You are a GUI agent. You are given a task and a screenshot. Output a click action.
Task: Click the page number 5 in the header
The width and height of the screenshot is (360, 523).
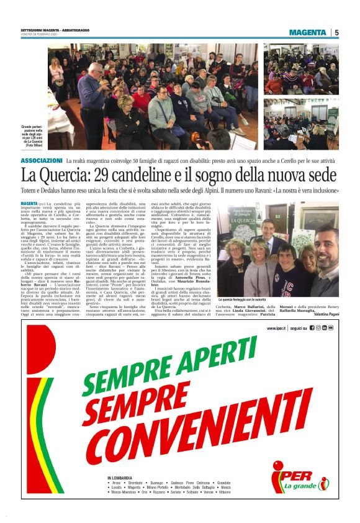coord(336,32)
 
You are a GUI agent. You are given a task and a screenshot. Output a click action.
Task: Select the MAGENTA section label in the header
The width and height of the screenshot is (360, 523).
coord(307,32)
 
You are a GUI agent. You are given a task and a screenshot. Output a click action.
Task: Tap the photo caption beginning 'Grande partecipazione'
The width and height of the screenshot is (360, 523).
coord(34,135)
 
